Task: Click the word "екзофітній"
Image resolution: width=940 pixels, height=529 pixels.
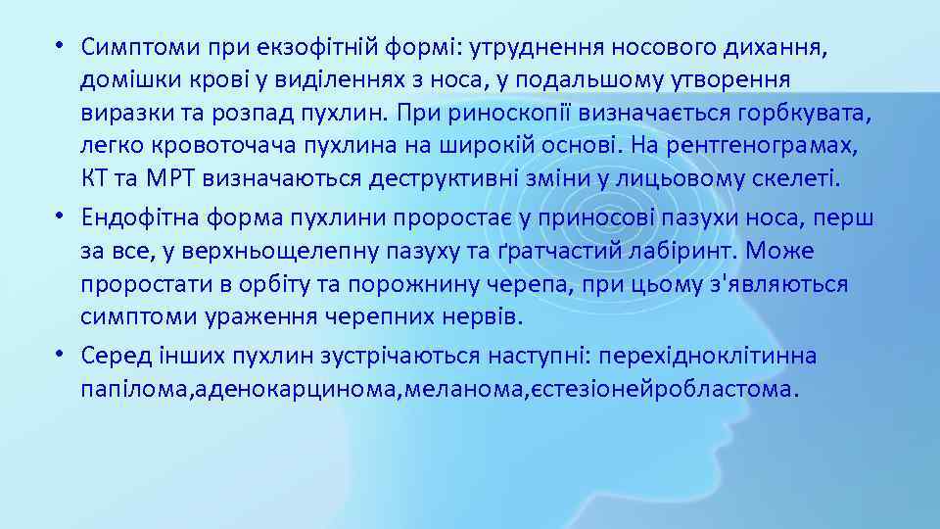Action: tap(285, 46)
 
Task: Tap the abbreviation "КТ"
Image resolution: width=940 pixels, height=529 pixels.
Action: tap(95, 179)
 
